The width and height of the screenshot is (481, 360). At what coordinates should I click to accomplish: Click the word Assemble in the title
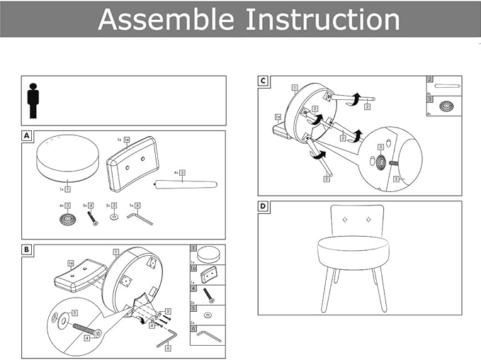pos(166,19)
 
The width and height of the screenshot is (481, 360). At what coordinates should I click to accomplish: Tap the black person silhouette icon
pos(33,101)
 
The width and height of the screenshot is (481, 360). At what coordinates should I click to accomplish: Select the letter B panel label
pos(27,249)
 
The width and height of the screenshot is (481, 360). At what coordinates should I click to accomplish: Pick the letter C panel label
pos(263,81)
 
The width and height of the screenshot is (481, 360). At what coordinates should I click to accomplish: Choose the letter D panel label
pos(263,206)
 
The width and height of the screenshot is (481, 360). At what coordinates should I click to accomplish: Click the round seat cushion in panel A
pos(67,159)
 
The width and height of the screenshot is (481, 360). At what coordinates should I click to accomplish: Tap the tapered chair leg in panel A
pos(186,185)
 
